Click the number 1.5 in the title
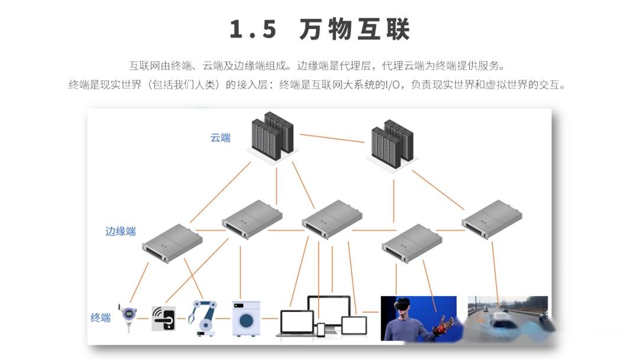253,29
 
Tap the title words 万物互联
354,29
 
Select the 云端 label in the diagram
221,138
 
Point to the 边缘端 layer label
120,232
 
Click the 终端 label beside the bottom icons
101,318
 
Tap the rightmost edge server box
492,219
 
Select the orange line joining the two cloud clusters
332,138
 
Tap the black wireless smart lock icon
163,318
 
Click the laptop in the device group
296,323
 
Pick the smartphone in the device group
321,329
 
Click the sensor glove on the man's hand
443,326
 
